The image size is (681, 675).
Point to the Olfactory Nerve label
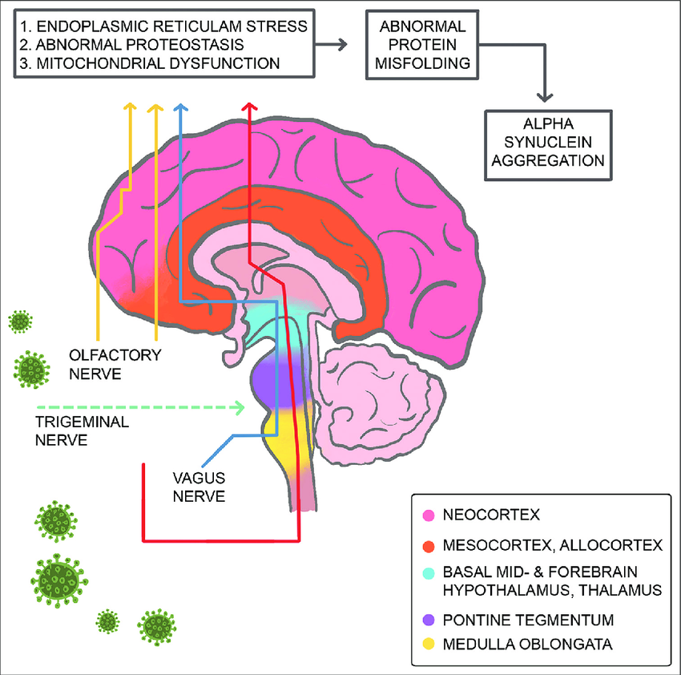[x=115, y=362]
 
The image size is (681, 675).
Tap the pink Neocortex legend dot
[x=429, y=514]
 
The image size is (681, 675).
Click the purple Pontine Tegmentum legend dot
[x=429, y=620]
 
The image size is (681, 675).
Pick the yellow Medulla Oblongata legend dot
[x=429, y=645]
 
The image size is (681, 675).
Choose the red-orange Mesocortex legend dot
[x=429, y=546]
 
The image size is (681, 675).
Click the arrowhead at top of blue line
[x=180, y=107]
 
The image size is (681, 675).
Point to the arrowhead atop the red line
[x=250, y=107]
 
